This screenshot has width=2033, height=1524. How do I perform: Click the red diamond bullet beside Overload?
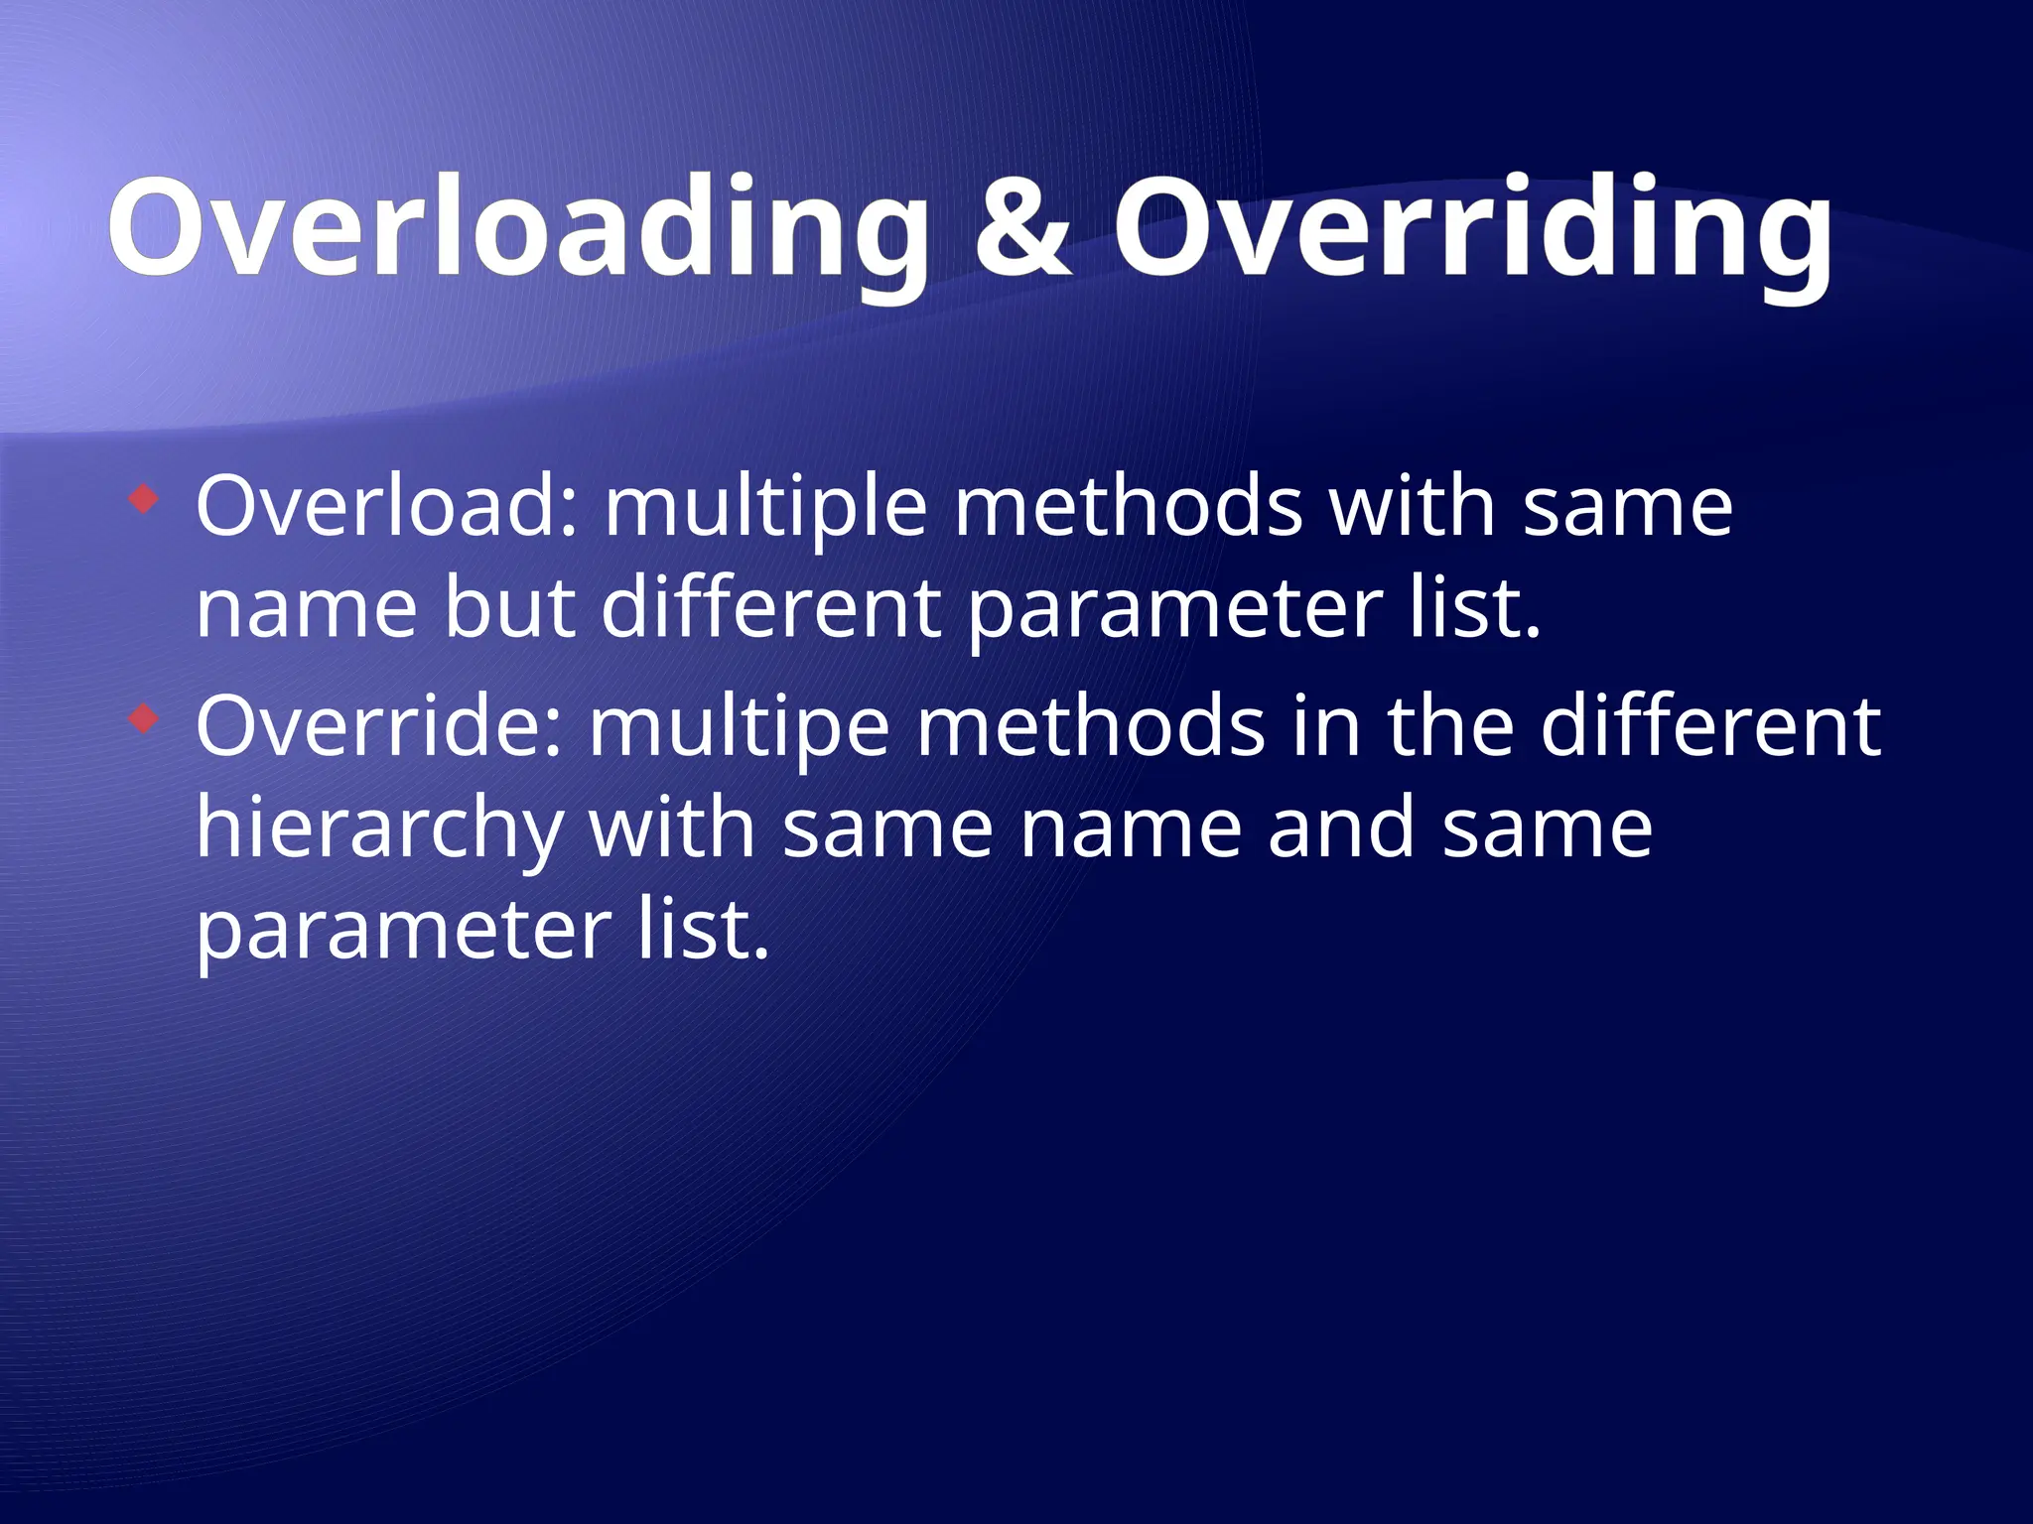(144, 499)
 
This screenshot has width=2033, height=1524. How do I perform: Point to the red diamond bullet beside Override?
(144, 718)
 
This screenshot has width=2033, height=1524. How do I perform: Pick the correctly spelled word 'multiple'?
(765, 508)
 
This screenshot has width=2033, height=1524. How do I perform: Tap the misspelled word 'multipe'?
(739, 728)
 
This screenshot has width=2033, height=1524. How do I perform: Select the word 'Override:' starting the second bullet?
(378, 726)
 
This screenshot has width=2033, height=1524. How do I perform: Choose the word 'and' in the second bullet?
(1341, 829)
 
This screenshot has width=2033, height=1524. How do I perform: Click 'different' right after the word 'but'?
(770, 607)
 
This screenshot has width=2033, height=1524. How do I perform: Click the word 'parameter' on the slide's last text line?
(403, 933)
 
